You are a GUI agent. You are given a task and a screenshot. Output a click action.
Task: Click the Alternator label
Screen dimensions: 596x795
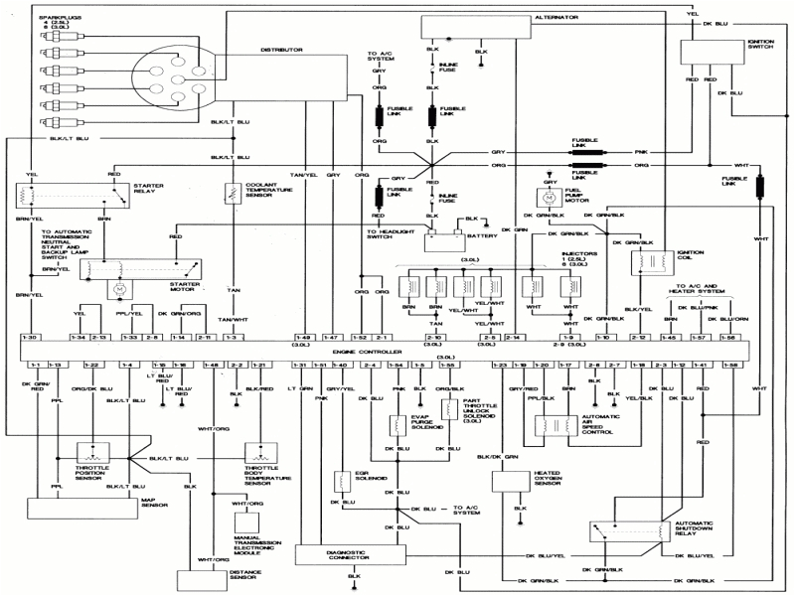pyautogui.click(x=557, y=17)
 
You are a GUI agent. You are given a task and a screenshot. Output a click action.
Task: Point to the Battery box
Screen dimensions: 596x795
pyautogui.click(x=443, y=239)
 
